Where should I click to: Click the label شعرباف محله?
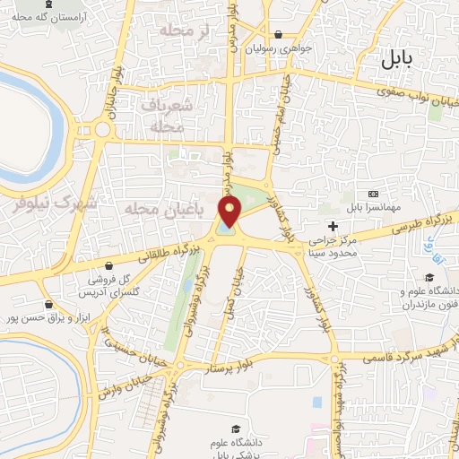[163, 116]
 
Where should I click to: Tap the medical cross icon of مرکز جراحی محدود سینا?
[333, 226]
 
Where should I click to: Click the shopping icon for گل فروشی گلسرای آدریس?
[110, 266]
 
